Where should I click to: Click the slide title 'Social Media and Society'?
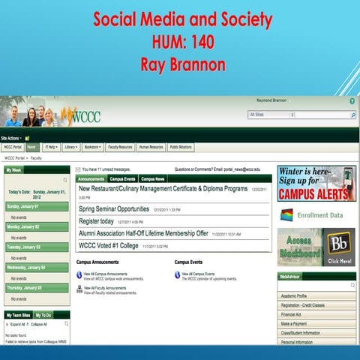point(179,18)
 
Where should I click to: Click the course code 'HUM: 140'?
point(179,41)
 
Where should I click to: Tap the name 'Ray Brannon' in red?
point(179,64)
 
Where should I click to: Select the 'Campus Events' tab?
point(122,179)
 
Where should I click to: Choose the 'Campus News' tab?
point(153,179)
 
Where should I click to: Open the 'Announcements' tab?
point(91,179)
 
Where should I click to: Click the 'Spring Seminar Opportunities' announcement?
point(114,209)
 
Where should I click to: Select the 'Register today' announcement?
point(96,221)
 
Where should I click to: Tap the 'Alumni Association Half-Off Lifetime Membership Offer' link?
point(143,233)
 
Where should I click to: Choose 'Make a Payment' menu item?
point(295,325)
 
